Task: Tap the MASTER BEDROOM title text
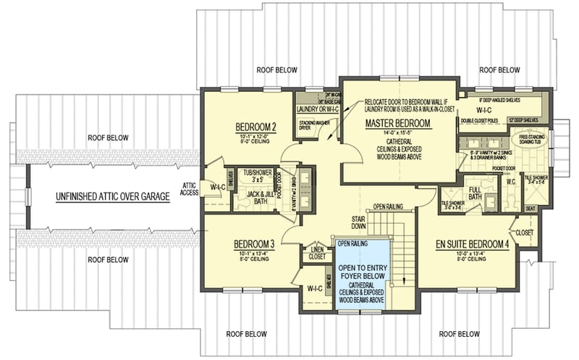(398, 124)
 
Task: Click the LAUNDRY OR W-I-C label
(318, 109)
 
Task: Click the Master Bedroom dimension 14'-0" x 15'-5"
(398, 134)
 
